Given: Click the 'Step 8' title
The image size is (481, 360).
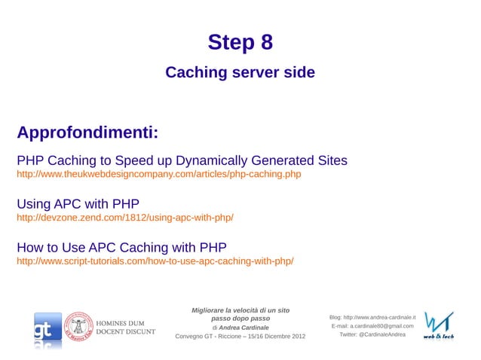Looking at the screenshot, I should click(x=240, y=43).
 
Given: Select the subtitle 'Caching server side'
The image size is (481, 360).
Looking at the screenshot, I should click(x=240, y=73).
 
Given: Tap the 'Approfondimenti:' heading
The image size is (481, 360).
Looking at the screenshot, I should click(x=87, y=133).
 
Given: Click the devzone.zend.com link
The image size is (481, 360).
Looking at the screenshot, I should click(x=125, y=218).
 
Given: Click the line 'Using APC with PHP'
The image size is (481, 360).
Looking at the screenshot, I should click(x=78, y=203).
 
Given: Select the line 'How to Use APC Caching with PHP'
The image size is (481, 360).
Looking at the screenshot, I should click(x=121, y=247).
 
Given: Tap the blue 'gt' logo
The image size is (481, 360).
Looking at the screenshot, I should click(x=47, y=329).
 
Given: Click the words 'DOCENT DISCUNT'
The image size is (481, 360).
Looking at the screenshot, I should click(x=125, y=331).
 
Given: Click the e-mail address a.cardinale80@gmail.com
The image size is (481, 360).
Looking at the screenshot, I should click(x=382, y=325).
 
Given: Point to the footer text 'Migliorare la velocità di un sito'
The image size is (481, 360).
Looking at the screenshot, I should click(x=240, y=310).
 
